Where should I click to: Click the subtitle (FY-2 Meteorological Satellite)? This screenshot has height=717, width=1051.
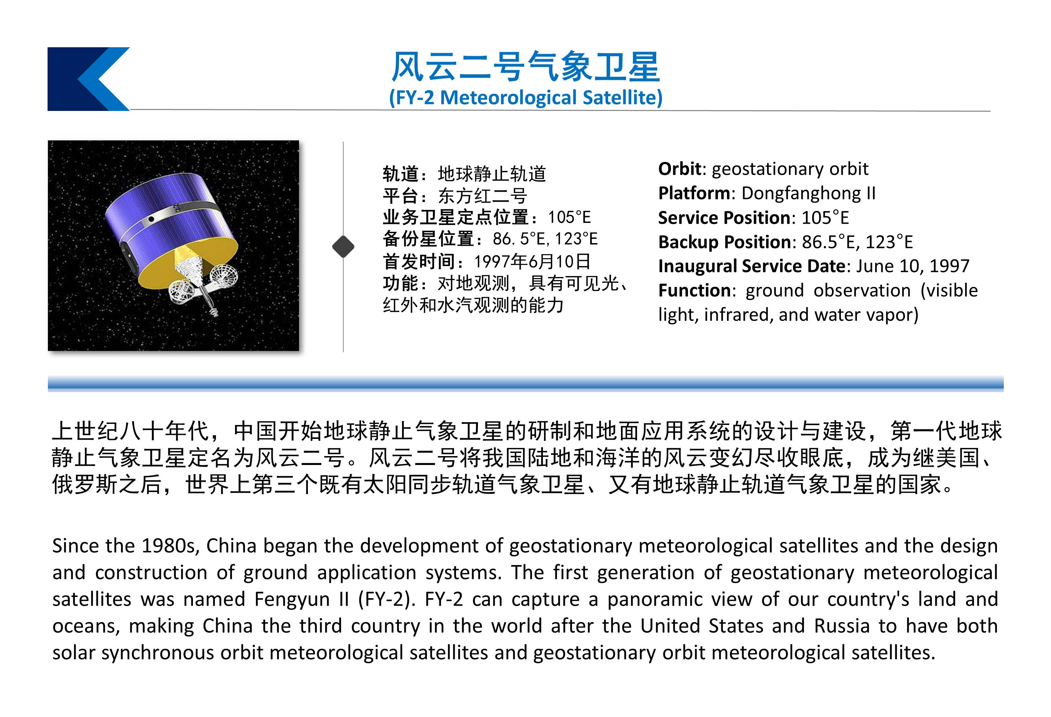[x=525, y=97]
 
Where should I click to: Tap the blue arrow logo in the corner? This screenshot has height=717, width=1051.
[x=89, y=79]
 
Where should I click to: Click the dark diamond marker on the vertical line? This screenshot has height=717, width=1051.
[x=343, y=247]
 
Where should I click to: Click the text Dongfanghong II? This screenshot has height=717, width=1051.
[x=808, y=193]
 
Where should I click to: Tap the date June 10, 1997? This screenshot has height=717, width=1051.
[x=913, y=266]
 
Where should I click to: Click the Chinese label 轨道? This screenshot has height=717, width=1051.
[x=401, y=174]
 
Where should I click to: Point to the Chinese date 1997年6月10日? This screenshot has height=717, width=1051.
[x=532, y=262]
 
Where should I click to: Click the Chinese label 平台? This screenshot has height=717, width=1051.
[x=401, y=196]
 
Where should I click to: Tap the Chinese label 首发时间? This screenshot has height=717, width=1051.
[x=419, y=262]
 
